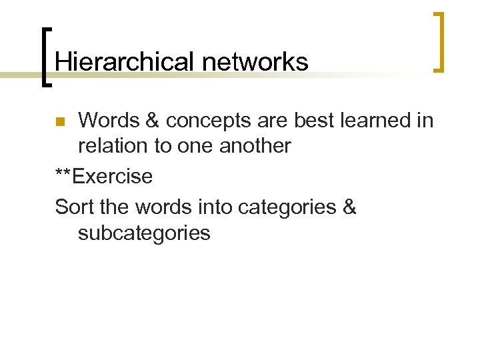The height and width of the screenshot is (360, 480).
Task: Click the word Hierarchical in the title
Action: click(x=124, y=62)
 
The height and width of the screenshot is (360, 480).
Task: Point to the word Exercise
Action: click(x=113, y=177)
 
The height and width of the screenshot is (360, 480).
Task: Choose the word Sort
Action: click(x=74, y=207)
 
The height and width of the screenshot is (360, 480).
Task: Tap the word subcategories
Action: click(x=144, y=233)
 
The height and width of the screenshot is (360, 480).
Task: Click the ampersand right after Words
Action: click(x=150, y=121)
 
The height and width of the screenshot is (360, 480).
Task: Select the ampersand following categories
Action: click(x=349, y=207)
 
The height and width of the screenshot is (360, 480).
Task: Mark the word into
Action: click(x=215, y=207)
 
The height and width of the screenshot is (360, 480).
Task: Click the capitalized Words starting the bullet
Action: click(x=108, y=121)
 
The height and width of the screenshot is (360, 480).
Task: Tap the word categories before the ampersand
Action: click(x=287, y=207)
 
